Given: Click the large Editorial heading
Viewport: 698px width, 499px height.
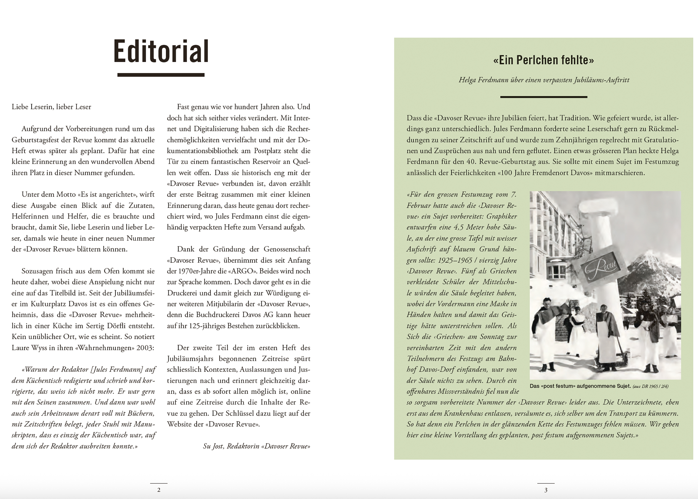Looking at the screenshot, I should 161,51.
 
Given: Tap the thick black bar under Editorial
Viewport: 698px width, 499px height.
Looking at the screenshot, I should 161,75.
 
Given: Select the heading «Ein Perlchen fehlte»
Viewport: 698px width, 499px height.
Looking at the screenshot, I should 543,60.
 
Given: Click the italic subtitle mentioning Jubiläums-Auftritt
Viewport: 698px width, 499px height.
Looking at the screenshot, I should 544,80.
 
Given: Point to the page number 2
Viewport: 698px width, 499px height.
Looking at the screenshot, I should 159,490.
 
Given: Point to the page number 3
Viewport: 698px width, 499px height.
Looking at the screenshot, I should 546,490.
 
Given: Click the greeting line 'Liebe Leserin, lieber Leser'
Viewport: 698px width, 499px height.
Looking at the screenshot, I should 51,107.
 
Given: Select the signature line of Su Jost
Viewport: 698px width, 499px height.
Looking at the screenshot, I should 256,446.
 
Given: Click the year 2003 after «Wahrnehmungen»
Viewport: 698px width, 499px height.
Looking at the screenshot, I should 145,348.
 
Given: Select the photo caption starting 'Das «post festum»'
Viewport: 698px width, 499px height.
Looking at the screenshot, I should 599,386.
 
